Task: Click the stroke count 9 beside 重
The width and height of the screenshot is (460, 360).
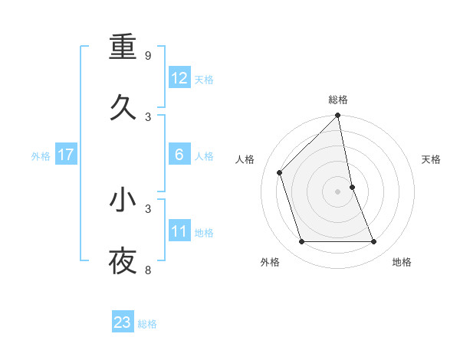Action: point(148,56)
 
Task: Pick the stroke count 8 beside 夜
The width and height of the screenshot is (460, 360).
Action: point(148,270)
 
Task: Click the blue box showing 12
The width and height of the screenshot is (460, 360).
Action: point(179,78)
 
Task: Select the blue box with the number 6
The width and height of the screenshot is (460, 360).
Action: point(179,155)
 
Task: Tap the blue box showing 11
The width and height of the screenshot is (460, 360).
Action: point(179,231)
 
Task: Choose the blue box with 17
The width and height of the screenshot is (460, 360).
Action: point(66,155)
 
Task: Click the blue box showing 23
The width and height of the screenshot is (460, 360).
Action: point(123,322)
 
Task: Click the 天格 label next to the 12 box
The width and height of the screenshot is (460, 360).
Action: point(204,80)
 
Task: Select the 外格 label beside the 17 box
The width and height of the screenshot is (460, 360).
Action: point(41,156)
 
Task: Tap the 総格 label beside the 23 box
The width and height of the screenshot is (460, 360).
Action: point(147,324)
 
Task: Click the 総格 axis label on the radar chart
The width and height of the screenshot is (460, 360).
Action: point(338,100)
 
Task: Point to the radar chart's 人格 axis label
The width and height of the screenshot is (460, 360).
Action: point(245,159)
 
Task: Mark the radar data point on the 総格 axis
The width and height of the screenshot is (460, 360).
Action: point(338,116)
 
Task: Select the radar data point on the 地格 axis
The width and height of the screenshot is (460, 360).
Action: point(374,242)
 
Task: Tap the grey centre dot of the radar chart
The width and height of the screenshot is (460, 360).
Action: point(338,191)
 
